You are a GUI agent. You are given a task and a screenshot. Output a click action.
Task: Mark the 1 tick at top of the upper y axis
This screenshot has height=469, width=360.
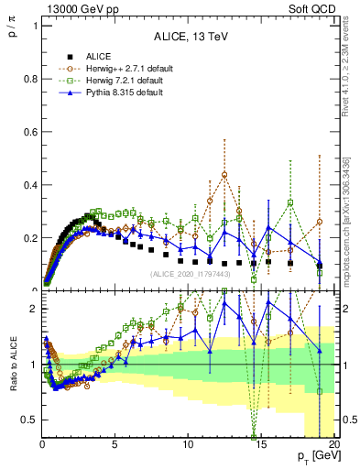(x=33, y=26)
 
